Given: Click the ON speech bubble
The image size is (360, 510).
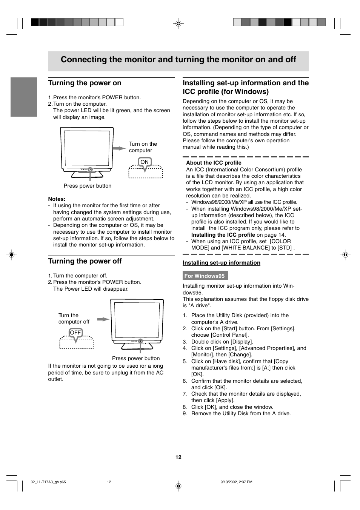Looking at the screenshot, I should pyautogui.click(x=145, y=162).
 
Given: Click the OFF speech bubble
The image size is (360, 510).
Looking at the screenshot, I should pyautogui.click(x=75, y=333).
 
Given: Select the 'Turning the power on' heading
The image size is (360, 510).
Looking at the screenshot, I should pyautogui.click(x=85, y=83).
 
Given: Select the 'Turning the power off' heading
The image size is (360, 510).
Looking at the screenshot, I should pyautogui.click(x=85, y=261).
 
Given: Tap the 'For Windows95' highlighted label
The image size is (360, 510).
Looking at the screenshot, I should pyautogui.click(x=205, y=276).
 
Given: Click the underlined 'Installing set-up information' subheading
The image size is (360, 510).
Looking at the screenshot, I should pyautogui.click(x=222, y=263).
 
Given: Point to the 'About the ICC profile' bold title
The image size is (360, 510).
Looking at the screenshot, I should pyautogui.click(x=214, y=163).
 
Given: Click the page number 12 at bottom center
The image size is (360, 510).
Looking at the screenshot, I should pyautogui.click(x=178, y=457).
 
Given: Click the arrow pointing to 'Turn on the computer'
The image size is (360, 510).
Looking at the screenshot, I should pyautogui.click(x=119, y=148).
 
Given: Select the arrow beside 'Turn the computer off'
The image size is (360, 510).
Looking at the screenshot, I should pyautogui.click(x=103, y=319).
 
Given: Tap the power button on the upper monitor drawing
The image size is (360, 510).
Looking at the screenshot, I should pyautogui.click(x=90, y=170).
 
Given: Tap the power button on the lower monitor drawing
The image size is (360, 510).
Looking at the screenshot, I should pyautogui.click(x=140, y=341).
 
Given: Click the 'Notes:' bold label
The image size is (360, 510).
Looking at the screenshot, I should pyautogui.click(x=57, y=199).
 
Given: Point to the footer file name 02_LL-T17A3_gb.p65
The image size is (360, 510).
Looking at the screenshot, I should pyautogui.click(x=48, y=482).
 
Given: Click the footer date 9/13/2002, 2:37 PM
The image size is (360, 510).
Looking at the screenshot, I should pyautogui.click(x=236, y=482).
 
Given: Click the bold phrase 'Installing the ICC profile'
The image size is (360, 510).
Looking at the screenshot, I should pyautogui.click(x=223, y=235).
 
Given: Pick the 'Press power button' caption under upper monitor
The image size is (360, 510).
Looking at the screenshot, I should pyautogui.click(x=88, y=186).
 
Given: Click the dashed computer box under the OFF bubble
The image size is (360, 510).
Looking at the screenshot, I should pyautogui.click(x=77, y=344).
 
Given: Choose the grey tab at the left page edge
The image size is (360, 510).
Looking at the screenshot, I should pyautogui.click(x=24, y=97).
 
